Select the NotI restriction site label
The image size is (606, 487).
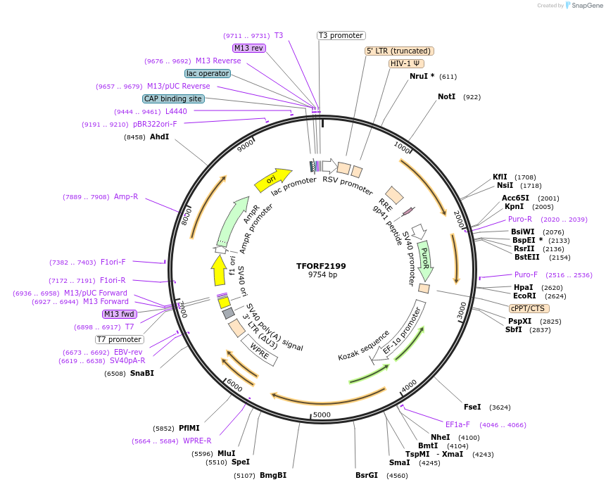click(446, 96)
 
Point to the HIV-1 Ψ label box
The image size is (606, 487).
click(407, 63)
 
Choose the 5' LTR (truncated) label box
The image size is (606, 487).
click(399, 51)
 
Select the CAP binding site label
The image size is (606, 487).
click(173, 99)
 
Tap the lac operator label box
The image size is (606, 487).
click(208, 73)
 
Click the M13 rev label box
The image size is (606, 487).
click(248, 48)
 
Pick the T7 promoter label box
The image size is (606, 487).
click(120, 339)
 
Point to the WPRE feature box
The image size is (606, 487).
click(259, 350)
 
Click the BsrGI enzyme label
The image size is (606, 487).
click(367, 475)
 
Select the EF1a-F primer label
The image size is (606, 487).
click(457, 424)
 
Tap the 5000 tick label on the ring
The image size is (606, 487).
click(322, 415)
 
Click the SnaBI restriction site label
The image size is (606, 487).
click(141, 373)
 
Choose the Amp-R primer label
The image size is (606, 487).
click(126, 197)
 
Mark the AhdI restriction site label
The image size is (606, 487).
click(159, 137)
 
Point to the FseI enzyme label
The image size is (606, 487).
click(472, 407)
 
